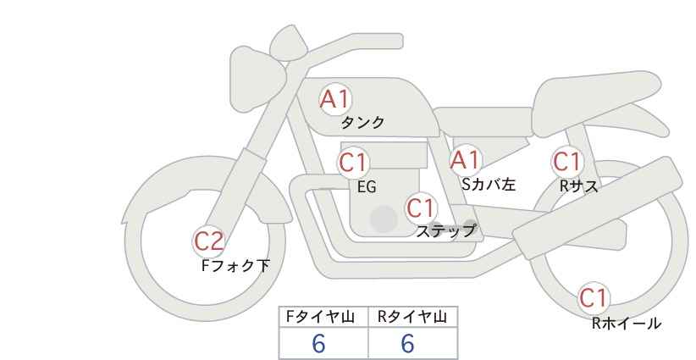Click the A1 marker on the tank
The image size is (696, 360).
(x=335, y=99)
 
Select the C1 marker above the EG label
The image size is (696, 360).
(x=353, y=163)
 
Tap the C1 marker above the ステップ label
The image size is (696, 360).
(x=421, y=208)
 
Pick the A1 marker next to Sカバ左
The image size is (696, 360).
(x=465, y=160)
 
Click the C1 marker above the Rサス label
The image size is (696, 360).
(x=566, y=162)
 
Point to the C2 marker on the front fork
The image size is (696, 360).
(x=208, y=241)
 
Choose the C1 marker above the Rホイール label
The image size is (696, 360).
(x=593, y=298)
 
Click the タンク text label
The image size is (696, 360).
(x=362, y=122)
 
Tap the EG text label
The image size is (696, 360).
(x=367, y=187)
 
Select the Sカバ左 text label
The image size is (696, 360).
(x=489, y=184)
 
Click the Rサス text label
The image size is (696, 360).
(x=578, y=186)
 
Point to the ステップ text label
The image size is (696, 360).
(x=445, y=231)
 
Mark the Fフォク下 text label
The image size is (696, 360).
(x=235, y=265)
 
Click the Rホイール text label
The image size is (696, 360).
(x=627, y=324)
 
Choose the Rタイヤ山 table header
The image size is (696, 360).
(x=412, y=317)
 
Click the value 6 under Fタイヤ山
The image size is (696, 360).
(x=318, y=343)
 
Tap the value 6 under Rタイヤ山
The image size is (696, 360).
(x=407, y=343)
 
